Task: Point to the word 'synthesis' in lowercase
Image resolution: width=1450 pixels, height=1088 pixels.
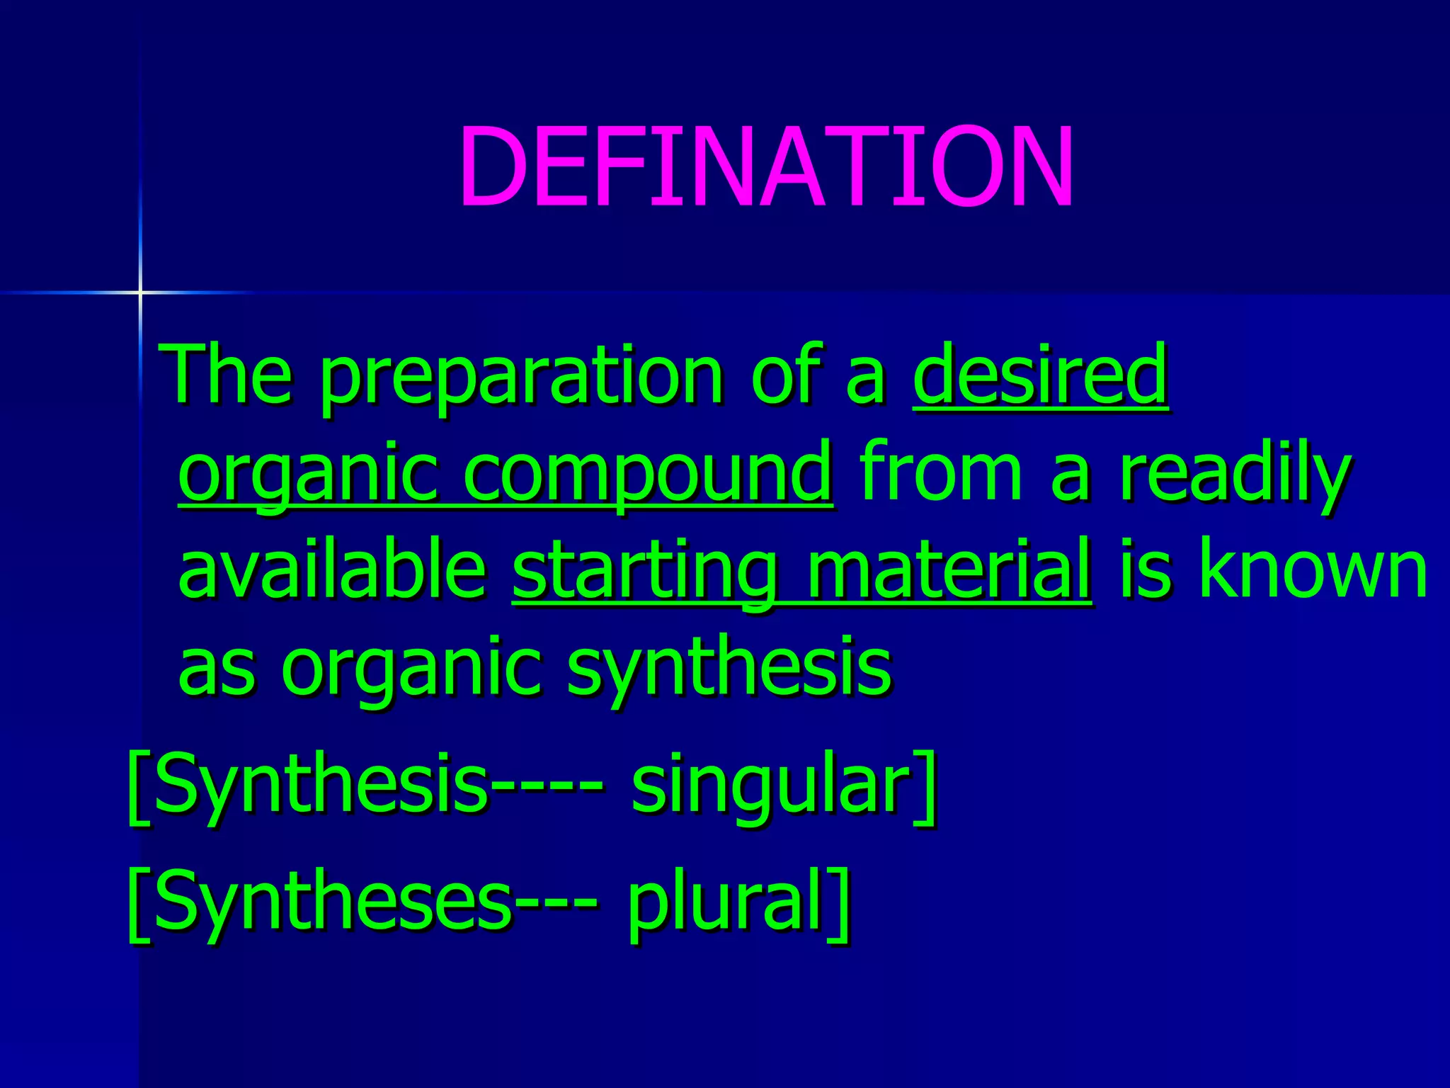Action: (729, 669)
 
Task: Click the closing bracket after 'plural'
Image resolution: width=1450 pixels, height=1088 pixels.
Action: (840, 902)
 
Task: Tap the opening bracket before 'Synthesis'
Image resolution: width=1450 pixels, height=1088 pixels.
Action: (137, 786)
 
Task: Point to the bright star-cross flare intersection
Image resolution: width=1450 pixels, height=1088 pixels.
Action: (140, 292)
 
